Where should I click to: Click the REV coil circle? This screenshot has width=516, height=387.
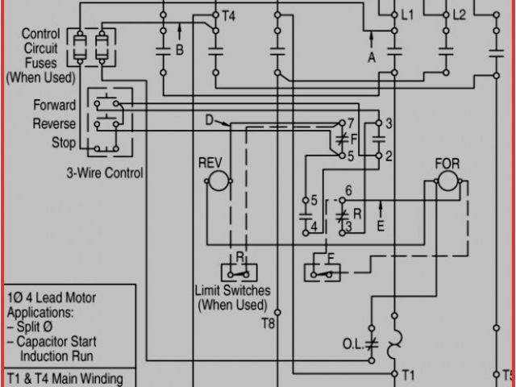coord(215,183)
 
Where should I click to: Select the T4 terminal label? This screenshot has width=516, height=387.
coord(228,15)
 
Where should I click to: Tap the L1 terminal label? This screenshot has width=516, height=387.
coord(407,15)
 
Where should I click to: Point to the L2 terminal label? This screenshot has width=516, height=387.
coord(460,15)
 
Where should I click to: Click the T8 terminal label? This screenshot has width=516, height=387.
coord(268,323)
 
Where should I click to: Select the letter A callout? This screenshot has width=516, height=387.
coord(372,57)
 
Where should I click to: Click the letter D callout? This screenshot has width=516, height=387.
coord(209,121)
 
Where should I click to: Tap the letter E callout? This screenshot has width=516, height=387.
coord(381,227)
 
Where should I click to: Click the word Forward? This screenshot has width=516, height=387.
coord(55,106)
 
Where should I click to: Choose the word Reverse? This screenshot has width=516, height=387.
coord(55,124)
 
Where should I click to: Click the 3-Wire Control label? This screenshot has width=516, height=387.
coord(105,173)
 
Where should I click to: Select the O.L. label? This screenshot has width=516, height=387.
coord(352,343)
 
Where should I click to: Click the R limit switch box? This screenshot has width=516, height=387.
coord(239,270)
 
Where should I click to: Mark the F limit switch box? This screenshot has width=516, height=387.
coord(322,270)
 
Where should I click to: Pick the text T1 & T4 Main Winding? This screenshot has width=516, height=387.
coord(64,379)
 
